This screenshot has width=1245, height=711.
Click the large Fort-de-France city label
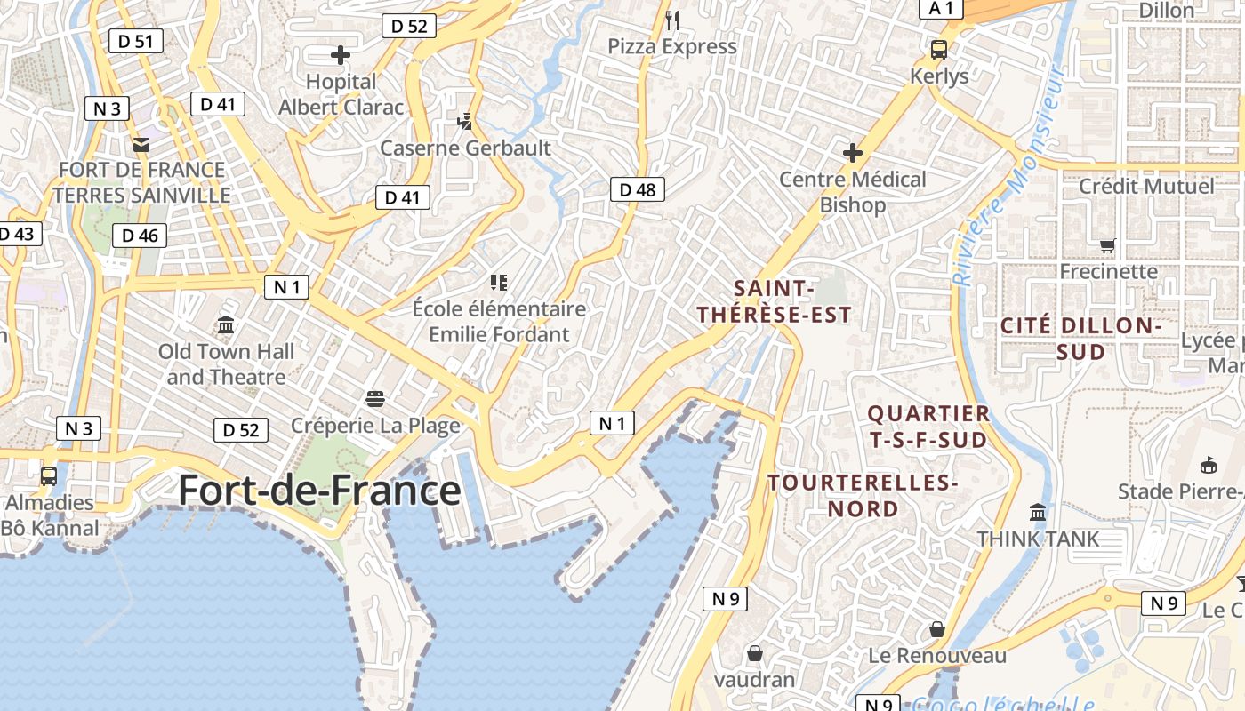[x=319, y=491]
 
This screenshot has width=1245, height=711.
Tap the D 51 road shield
[x=136, y=40]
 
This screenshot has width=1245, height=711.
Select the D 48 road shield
[x=638, y=188]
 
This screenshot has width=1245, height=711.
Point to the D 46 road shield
[x=140, y=236]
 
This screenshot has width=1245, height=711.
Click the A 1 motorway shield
[x=941, y=8]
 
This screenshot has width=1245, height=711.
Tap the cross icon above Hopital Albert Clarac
[x=341, y=55]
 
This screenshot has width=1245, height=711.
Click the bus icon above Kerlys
[x=939, y=50]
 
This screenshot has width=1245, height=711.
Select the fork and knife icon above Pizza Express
[x=672, y=20]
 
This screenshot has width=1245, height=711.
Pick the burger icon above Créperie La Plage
[x=375, y=398]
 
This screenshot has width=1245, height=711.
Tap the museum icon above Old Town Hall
[x=226, y=324]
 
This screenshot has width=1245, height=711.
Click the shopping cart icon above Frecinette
[x=1107, y=244]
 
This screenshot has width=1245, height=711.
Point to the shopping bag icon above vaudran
[x=755, y=653]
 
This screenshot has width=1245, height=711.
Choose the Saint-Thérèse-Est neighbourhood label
[x=774, y=301]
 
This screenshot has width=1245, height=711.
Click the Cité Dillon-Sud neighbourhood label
[x=1081, y=339]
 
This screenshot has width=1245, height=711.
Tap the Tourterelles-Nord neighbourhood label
[x=863, y=496]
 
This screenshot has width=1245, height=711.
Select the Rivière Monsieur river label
[x=1008, y=174]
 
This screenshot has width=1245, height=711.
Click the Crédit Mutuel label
[x=1146, y=187]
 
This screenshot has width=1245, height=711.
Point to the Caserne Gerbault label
[x=466, y=148]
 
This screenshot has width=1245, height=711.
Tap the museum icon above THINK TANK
[x=1038, y=513]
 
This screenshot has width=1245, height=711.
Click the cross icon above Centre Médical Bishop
[x=853, y=153]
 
